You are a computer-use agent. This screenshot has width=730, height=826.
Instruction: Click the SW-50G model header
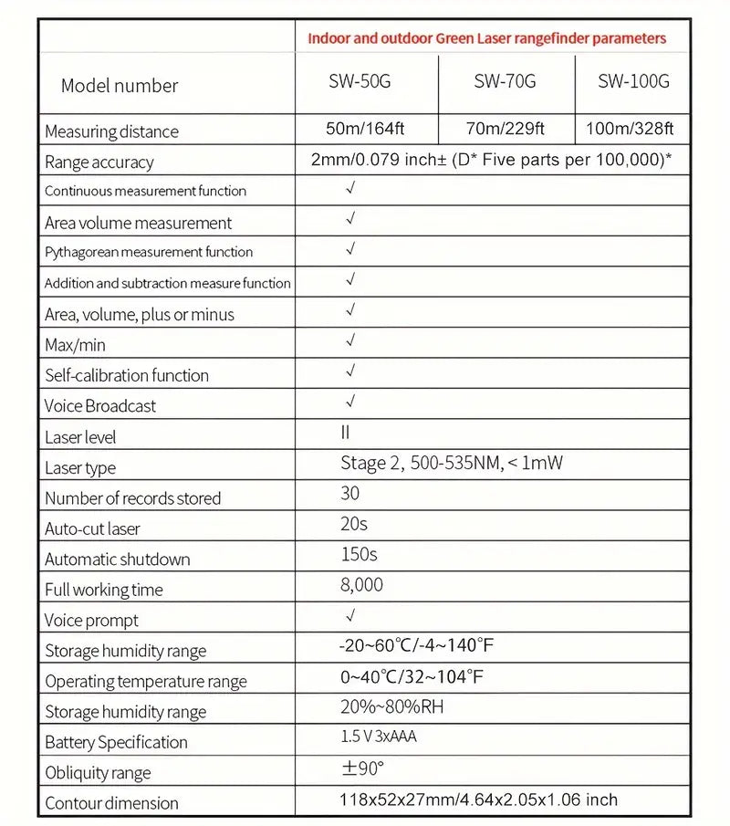click(x=360, y=82)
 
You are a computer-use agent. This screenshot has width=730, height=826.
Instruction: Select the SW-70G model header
click(x=505, y=82)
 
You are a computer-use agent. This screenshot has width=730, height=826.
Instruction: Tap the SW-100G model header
click(x=633, y=82)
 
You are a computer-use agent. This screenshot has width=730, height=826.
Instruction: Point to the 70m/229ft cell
click(x=505, y=129)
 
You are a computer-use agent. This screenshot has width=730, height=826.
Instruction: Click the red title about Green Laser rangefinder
click(x=486, y=38)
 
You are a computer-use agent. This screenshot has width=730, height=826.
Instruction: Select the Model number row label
click(x=120, y=86)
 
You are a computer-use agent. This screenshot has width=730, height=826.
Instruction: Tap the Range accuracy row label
click(x=99, y=162)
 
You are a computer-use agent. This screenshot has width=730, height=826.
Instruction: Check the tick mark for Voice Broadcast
click(x=350, y=402)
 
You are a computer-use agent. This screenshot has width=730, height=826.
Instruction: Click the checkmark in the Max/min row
click(x=350, y=341)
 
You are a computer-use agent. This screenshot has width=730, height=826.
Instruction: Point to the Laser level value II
click(x=345, y=433)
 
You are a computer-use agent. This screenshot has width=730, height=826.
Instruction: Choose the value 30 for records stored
click(x=349, y=494)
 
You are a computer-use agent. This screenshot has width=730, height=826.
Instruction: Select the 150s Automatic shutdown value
click(x=359, y=554)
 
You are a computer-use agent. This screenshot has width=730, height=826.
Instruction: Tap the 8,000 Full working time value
click(x=361, y=585)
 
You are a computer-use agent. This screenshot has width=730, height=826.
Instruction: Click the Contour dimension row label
click(x=111, y=803)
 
